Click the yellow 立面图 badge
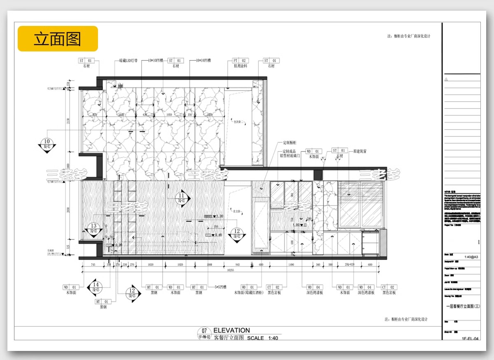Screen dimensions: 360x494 click(58, 39)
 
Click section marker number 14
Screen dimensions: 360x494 click(96, 286)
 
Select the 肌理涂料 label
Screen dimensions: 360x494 click(240, 66)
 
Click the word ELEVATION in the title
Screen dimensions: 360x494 click(231, 330)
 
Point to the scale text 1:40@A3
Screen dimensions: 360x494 click(471, 256)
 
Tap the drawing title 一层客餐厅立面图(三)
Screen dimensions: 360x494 click(463, 306)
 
